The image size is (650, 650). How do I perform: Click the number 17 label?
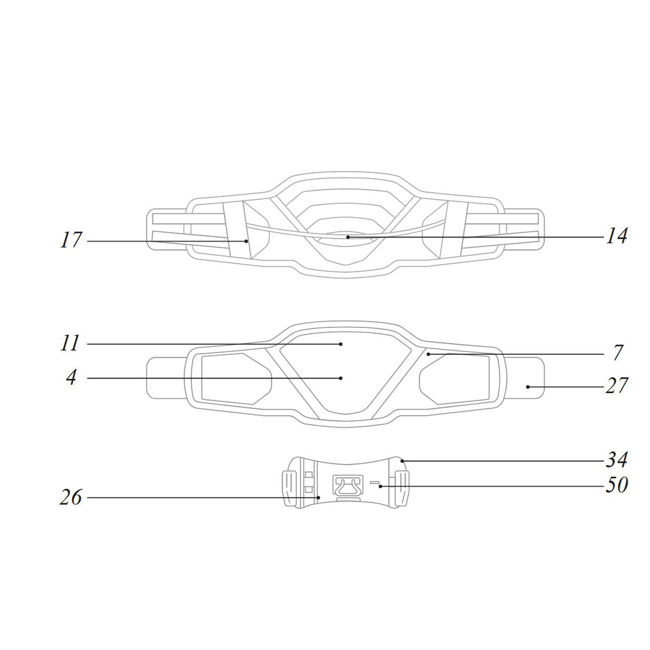71,240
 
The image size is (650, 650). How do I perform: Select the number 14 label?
616,236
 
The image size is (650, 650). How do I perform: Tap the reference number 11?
70,343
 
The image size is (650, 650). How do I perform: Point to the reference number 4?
71,378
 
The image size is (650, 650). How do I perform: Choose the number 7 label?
617,353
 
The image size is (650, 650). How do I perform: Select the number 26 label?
71,497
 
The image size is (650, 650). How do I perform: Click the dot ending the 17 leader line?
246,241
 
